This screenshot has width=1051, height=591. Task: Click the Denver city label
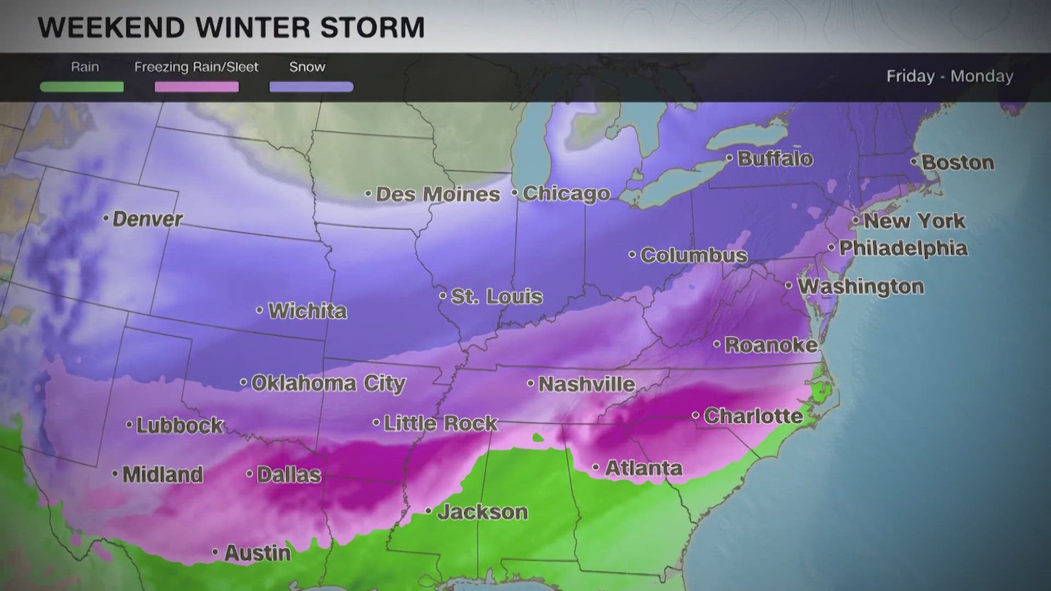(x=147, y=219)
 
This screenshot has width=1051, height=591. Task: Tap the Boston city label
(x=957, y=163)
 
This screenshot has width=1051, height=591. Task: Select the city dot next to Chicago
(x=515, y=193)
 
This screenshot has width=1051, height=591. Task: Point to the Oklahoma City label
(x=328, y=383)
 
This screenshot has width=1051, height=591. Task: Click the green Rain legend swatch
(x=82, y=87)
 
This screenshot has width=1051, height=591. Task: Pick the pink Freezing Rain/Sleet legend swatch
(x=197, y=87)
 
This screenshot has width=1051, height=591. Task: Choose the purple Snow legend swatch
(x=311, y=87)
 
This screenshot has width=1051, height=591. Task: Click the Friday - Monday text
(x=950, y=76)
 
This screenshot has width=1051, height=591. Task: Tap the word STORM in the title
(x=372, y=27)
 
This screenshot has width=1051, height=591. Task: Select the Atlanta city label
(x=643, y=468)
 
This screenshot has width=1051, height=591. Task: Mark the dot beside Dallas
(x=249, y=473)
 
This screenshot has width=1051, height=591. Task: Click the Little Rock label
(x=440, y=423)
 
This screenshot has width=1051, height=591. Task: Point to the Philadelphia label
(x=903, y=248)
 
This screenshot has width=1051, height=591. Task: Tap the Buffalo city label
(x=775, y=159)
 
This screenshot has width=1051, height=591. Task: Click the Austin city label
(x=257, y=553)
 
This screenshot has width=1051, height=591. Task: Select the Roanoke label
(x=771, y=345)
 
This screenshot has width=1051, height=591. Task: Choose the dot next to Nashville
(x=530, y=383)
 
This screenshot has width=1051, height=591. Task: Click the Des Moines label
(x=437, y=194)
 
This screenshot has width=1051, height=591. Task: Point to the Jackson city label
(x=482, y=512)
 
